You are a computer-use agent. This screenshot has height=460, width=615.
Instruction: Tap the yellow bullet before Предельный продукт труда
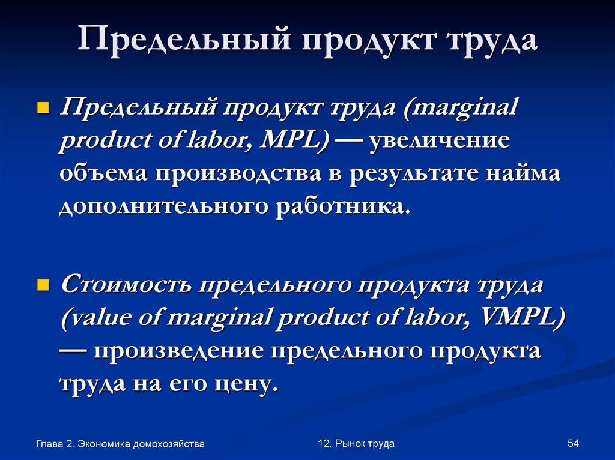pos(43,108)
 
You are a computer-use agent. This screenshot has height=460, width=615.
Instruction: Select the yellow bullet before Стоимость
pos(43,283)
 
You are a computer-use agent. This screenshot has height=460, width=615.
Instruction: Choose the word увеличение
pos(440,142)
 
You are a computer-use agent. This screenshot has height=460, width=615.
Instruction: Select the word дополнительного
pos(163,208)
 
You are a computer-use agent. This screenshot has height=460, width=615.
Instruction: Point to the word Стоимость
pos(125,284)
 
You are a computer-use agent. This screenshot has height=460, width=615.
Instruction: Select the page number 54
pos(572,443)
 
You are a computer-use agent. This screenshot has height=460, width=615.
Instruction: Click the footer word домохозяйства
pos(170,444)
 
